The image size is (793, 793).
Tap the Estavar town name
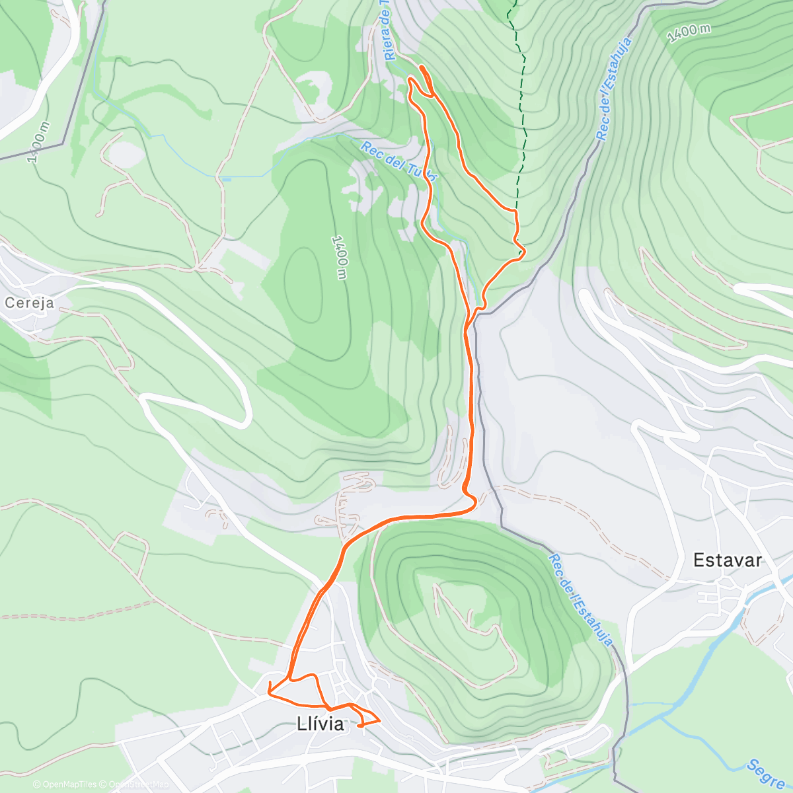pyautogui.click(x=727, y=560)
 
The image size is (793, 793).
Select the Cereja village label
pyautogui.click(x=28, y=303)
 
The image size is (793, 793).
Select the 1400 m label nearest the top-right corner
pyautogui.click(x=689, y=33)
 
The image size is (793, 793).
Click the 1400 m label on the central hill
pyautogui.click(x=340, y=257)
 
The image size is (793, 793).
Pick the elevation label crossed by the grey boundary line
pyautogui.click(x=40, y=142)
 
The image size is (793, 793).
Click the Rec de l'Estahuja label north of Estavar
pyautogui.click(x=613, y=89)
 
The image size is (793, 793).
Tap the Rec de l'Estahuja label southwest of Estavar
pyautogui.click(x=580, y=600)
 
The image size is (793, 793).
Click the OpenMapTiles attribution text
pyautogui.click(x=64, y=784)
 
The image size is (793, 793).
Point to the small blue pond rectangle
pyautogui.click(x=226, y=178)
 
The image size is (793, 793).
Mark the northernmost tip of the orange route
pyautogui.click(x=421, y=67)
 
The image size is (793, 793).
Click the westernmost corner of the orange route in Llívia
pyautogui.click(x=268, y=693)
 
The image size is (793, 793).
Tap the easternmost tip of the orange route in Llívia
pyautogui.click(x=379, y=720)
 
